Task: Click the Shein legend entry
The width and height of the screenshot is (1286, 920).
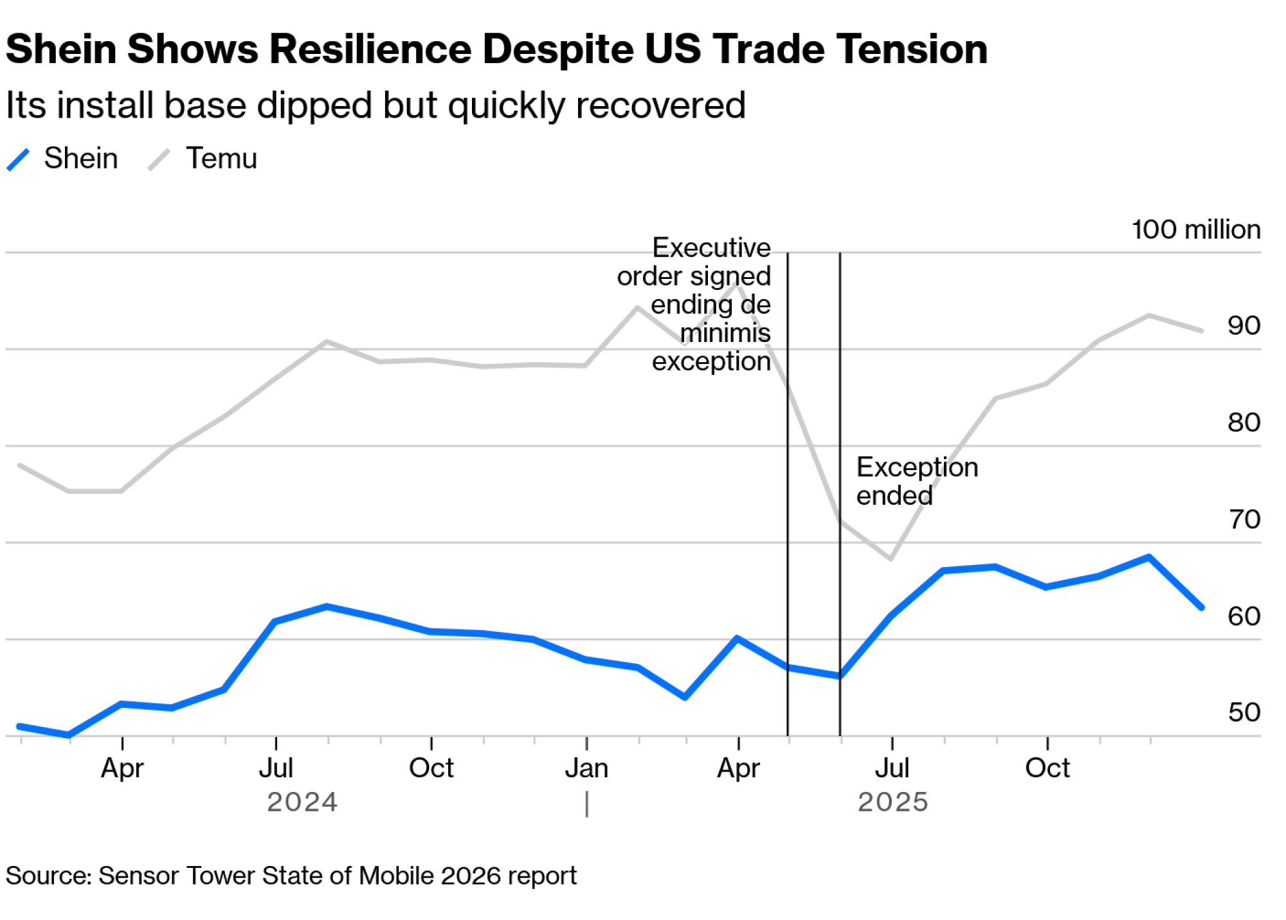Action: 80,158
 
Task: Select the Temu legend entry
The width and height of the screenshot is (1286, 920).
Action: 221,158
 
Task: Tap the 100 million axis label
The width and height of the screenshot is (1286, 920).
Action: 1195,230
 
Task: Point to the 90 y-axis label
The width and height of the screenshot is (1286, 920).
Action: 1244,326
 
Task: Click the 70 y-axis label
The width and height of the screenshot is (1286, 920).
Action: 1244,519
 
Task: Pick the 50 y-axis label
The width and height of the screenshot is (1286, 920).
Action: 1244,712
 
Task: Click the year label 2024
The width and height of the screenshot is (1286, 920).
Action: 302,802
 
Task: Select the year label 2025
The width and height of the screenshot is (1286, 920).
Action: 892,802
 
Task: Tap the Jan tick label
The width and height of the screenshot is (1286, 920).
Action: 586,768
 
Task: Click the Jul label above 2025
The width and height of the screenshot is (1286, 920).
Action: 892,768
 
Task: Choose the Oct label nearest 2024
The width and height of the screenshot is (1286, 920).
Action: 431,768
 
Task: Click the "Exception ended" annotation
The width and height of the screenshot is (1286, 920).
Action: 916,481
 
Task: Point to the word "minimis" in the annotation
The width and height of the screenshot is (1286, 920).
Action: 725,333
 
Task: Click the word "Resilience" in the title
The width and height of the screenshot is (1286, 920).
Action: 370,50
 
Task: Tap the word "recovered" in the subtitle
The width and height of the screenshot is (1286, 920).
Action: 660,105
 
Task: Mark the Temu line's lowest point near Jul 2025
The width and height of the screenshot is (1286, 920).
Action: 891,559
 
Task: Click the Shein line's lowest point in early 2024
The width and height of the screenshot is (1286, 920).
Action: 69,735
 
